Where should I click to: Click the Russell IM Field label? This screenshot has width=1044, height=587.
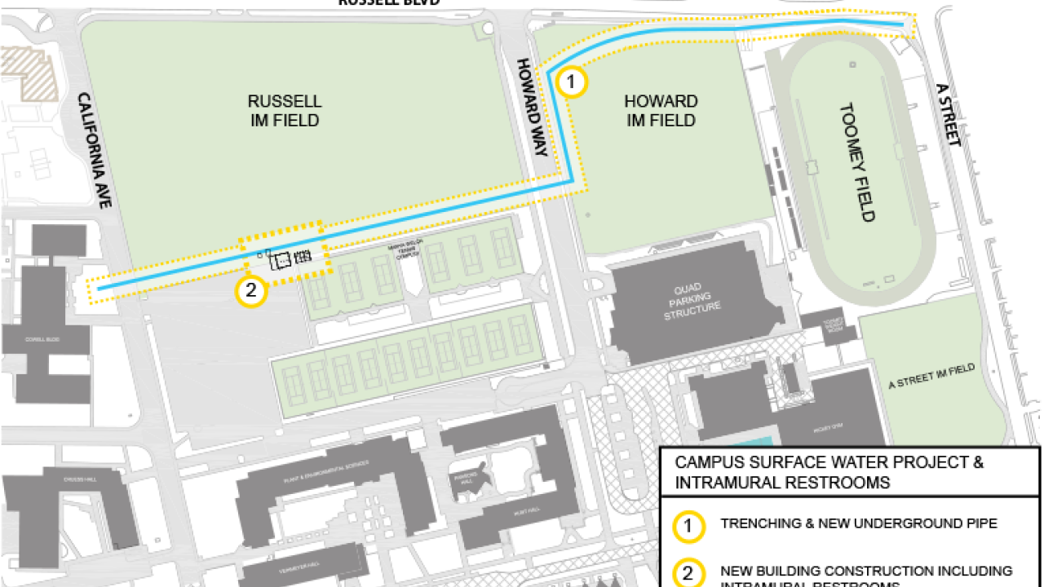[x=284, y=111]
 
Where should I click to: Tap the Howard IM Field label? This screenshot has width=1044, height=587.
[x=661, y=111]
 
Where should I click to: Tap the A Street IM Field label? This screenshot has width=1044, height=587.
[x=931, y=377]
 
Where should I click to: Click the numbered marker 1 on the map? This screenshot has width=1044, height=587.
[x=572, y=82]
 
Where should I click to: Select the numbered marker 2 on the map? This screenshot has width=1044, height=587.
[x=251, y=290]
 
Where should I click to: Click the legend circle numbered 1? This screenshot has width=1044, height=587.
[x=688, y=527]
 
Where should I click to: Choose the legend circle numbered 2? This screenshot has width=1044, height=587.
[x=688, y=573]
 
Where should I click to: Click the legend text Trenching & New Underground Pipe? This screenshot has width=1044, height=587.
[x=858, y=523]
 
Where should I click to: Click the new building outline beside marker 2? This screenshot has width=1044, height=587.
[x=281, y=260]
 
